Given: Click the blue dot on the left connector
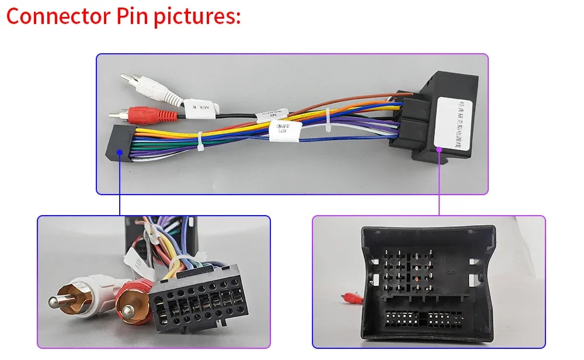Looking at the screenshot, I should coord(120,152).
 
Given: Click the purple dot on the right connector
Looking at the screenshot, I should coord(439,149).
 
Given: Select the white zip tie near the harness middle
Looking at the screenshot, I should coord(328,118).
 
